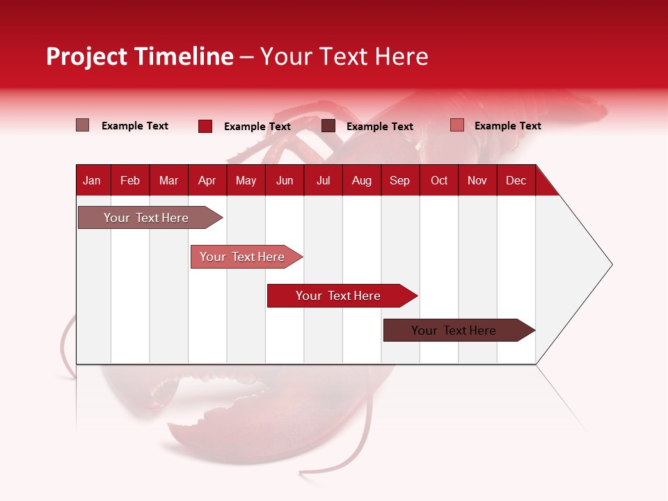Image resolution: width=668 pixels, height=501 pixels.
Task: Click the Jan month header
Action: tap(92, 181)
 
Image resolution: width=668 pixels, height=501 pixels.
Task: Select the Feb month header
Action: tap(130, 181)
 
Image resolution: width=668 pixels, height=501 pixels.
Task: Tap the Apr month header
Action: tap(207, 181)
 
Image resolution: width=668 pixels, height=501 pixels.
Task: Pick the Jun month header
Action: tap(285, 181)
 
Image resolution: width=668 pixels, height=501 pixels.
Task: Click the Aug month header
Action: tap(361, 181)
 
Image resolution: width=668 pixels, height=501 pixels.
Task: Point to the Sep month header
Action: tap(399, 181)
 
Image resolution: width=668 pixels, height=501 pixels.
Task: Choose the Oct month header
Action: tap(439, 181)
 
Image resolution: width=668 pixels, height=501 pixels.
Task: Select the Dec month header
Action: tap(516, 181)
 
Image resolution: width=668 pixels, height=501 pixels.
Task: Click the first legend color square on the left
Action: tap(83, 125)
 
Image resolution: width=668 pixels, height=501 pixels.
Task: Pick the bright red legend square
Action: tap(205, 126)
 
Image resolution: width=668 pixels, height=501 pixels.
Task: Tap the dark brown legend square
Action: tap(328, 126)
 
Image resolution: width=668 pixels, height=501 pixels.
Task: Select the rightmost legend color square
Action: tap(456, 125)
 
